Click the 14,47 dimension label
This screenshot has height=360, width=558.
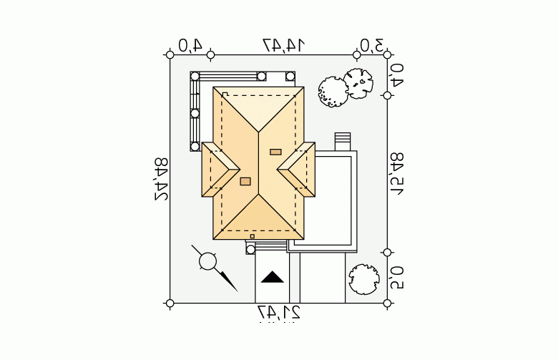[x=283, y=45]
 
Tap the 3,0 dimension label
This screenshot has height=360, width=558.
[x=371, y=45]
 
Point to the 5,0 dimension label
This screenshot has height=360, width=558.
[x=398, y=277]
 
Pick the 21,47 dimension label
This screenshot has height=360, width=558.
[x=279, y=313]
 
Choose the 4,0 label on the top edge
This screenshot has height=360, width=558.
[x=190, y=45]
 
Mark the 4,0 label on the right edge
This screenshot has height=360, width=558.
[x=398, y=74]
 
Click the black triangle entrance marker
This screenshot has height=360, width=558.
[x=272, y=277]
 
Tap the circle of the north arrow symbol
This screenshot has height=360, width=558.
[x=207, y=262]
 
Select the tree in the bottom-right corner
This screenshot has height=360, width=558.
[x=363, y=278]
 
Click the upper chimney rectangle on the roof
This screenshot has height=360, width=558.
[x=275, y=152]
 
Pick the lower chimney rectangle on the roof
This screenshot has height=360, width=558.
[x=245, y=181]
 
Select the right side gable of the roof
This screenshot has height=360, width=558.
[x=298, y=169]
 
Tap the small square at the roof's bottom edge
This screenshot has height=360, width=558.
[x=252, y=235]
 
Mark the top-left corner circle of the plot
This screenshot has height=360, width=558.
[x=170, y=54]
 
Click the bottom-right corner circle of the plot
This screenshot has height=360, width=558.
[x=387, y=303]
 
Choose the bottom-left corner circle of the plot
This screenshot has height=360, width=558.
[x=170, y=303]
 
